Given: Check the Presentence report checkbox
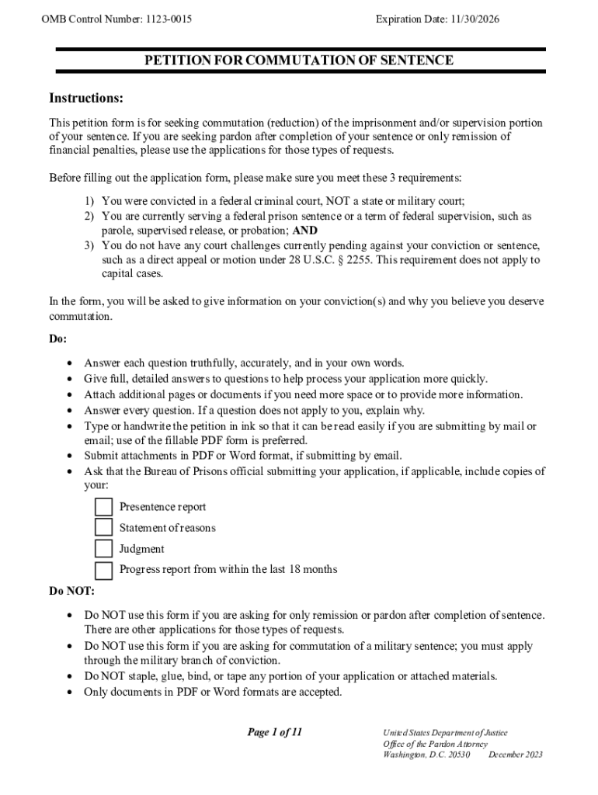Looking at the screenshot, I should pos(103,507).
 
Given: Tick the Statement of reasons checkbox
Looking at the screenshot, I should pos(103,528).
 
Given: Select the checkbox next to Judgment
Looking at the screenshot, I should pos(103,549).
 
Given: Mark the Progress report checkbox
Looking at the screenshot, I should pos(103,571).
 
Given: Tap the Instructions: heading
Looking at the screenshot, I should pos(86,99).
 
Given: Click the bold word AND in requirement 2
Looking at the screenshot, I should pos(304,231).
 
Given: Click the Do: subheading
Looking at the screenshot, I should pos(58,339).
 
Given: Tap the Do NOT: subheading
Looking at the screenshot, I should pos(71,592).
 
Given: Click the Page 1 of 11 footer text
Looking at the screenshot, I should pos(274,733).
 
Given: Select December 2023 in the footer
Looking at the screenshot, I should pos(516,755).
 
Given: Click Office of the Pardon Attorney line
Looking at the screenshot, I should pos(436,744).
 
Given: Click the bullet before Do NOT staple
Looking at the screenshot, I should pos(71,676).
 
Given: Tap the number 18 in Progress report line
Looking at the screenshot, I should pos(296,570).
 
